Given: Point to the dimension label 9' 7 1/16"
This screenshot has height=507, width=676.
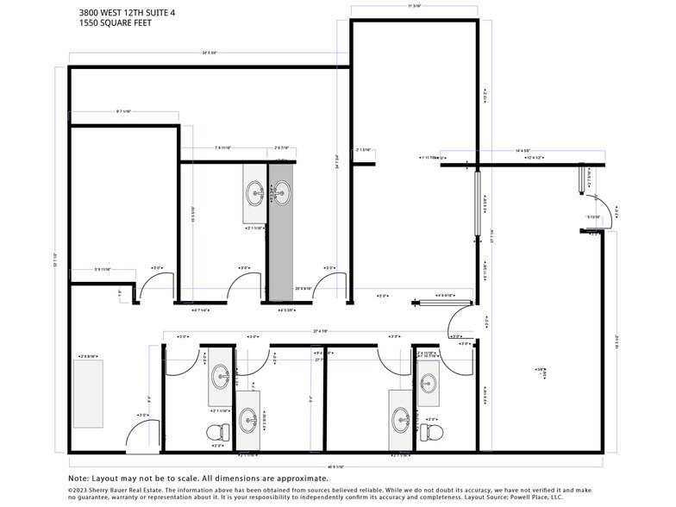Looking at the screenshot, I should click(123, 111).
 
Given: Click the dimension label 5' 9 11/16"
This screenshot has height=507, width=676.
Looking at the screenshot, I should click(102, 270).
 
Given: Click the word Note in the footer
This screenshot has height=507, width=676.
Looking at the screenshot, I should click(78, 478).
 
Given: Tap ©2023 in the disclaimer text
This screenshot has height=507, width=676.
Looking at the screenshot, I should click(78, 489).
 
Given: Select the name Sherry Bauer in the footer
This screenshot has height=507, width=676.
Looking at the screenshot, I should click(116, 489).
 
